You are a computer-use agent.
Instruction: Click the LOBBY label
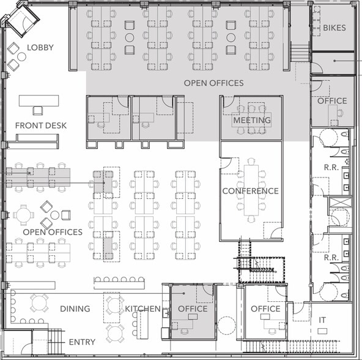(40, 47)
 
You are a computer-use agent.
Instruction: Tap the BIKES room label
(334, 28)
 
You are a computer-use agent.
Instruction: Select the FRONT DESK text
(41, 126)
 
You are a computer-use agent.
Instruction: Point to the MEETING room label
(252, 120)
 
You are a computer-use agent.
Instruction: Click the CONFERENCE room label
(251, 191)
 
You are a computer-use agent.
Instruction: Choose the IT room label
(322, 320)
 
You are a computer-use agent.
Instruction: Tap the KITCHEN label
(142, 309)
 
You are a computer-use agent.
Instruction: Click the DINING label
(75, 309)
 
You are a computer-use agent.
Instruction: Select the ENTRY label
(82, 342)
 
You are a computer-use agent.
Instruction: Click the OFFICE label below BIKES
(332, 101)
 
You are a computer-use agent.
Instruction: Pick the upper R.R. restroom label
(331, 167)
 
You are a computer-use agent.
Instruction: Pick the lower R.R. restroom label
(331, 257)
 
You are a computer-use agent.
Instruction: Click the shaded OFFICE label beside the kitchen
(193, 309)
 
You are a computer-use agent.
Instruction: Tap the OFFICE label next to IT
(265, 309)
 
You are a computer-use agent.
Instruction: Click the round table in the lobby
(21, 57)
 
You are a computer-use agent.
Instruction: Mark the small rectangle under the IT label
(322, 331)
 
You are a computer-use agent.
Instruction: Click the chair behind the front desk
(38, 111)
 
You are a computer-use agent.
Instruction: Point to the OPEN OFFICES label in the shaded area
(213, 83)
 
